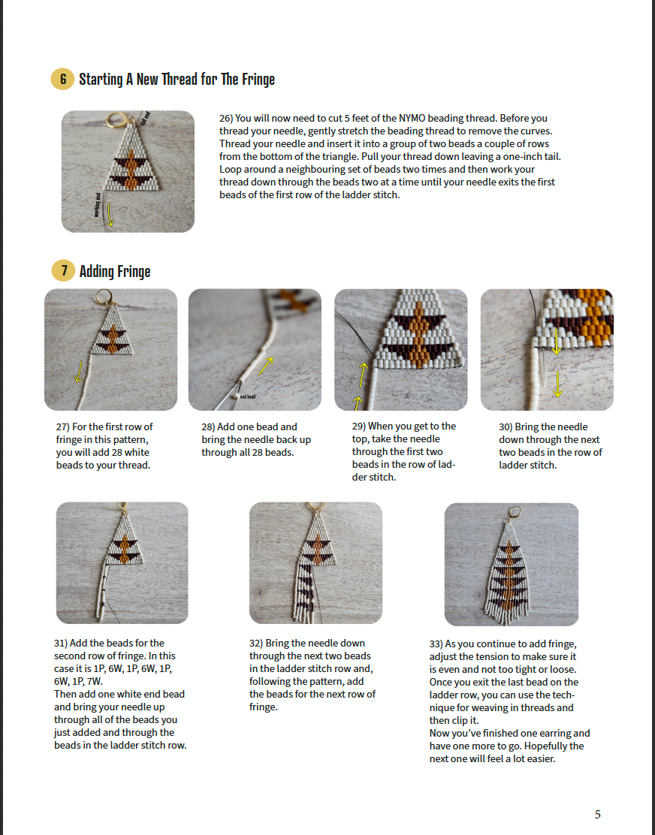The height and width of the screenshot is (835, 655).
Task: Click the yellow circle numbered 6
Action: click(63, 79)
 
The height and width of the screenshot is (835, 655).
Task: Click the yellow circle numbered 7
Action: click(63, 271)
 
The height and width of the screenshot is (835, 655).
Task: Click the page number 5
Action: click(597, 814)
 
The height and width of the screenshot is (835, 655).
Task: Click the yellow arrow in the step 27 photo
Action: click(78, 372)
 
